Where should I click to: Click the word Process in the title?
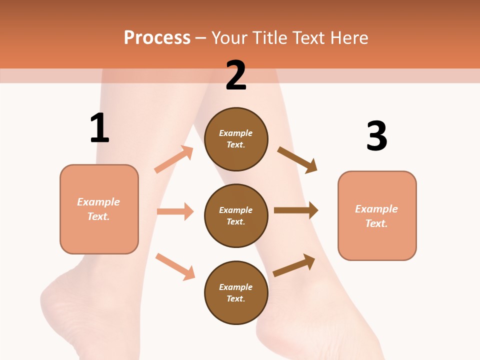coord(157,38)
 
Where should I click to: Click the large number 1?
coord(99,128)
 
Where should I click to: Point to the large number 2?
coord(236,75)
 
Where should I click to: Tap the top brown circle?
coord(236,139)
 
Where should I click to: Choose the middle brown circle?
coord(236,216)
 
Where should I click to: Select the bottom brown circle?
coord(236,293)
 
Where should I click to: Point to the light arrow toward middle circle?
coord(175,211)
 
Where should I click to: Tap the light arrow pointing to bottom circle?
coord(175,266)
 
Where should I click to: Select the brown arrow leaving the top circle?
coord(297,160)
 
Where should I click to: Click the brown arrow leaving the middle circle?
coord(296,210)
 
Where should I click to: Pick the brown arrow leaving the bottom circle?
coord(294,265)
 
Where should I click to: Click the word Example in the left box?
coord(98,202)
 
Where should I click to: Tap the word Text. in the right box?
coord(376,223)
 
